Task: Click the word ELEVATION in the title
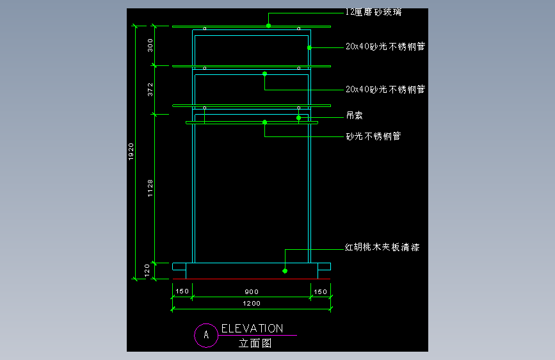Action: (252, 329)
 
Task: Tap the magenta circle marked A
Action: (206, 334)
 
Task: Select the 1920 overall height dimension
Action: (131, 152)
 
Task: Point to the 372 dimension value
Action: (150, 89)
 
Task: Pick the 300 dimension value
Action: (150, 45)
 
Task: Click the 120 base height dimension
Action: (147, 270)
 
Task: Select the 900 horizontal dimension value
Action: (252, 291)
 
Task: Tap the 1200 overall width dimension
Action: (252, 303)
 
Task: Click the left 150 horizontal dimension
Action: (182, 291)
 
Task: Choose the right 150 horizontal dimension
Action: (320, 291)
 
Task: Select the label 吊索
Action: (355, 115)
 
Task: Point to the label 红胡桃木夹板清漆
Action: (382, 247)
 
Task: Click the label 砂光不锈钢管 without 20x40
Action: (373, 136)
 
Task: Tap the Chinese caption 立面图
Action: (255, 343)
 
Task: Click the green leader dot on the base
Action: (285, 271)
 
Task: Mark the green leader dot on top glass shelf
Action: (269, 26)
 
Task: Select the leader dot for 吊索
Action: (298, 118)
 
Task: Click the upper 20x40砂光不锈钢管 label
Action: (385, 46)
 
